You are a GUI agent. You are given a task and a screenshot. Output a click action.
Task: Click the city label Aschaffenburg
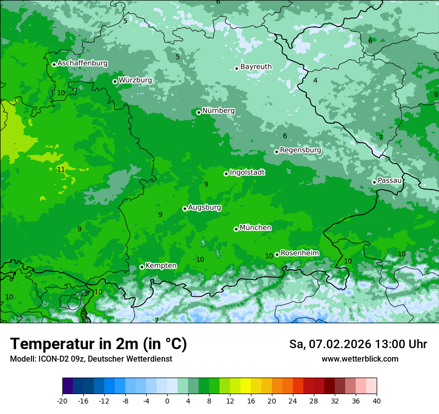82,63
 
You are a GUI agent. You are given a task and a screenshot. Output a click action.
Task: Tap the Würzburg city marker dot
115,81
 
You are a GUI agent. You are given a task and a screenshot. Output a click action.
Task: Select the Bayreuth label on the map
256,67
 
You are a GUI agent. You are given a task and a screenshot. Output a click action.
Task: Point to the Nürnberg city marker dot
199,112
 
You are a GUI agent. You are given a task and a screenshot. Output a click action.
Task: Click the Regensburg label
300,150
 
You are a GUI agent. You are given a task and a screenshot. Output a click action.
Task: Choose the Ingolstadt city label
247,173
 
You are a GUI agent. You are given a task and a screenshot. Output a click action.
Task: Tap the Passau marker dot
374,182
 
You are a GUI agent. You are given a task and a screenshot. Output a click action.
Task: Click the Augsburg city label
204,207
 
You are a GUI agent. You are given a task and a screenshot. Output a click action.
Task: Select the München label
255,228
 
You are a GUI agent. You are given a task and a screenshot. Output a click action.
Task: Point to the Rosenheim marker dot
277,254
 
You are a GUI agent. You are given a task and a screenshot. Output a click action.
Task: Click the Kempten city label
161,266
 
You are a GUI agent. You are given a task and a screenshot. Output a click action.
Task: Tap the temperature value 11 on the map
61,170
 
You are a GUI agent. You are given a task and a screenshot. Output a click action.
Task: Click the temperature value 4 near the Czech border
315,80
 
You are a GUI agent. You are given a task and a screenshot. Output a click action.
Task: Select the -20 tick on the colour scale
62,401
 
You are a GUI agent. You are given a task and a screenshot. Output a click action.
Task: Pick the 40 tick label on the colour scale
377,401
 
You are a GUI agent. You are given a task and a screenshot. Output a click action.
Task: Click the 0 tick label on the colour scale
167,401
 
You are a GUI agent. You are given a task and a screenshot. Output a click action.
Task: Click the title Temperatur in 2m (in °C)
98,344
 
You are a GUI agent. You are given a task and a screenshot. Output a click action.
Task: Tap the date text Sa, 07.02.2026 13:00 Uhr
358,344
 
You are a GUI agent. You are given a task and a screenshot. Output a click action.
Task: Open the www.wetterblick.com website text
360,359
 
